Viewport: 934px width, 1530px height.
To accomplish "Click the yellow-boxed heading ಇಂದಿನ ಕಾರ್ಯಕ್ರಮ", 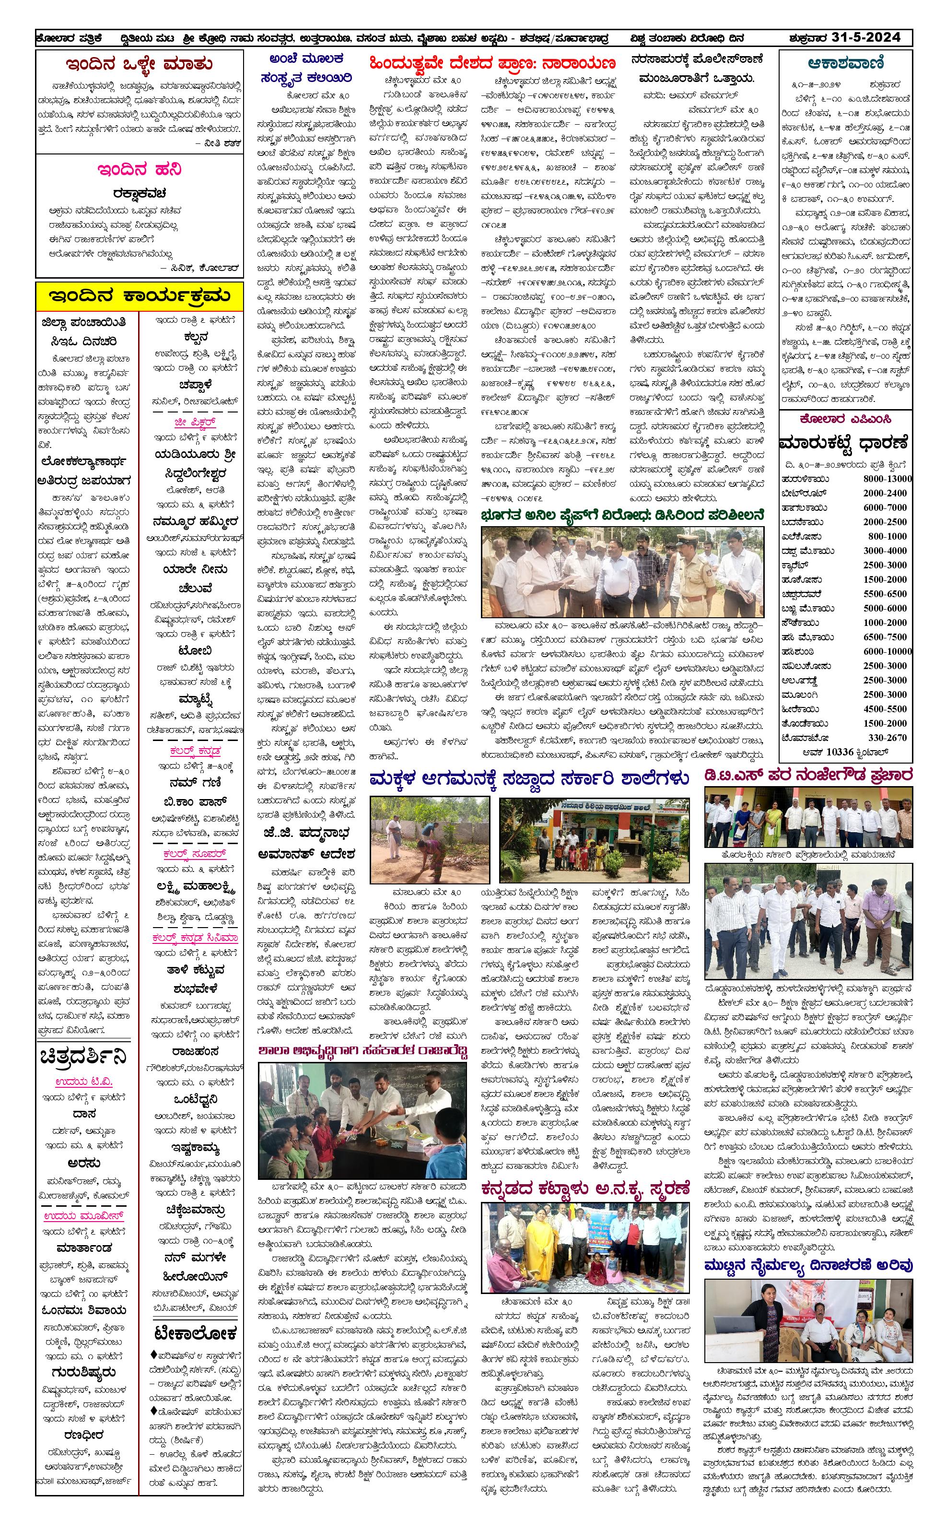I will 139,296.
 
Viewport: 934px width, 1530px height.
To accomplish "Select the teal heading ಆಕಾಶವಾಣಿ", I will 846,63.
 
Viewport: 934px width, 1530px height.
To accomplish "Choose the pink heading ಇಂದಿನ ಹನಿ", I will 139,169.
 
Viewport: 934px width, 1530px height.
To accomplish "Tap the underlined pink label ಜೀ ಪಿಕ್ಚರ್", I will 195,422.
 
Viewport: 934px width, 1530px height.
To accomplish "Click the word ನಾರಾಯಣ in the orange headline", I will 578,63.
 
